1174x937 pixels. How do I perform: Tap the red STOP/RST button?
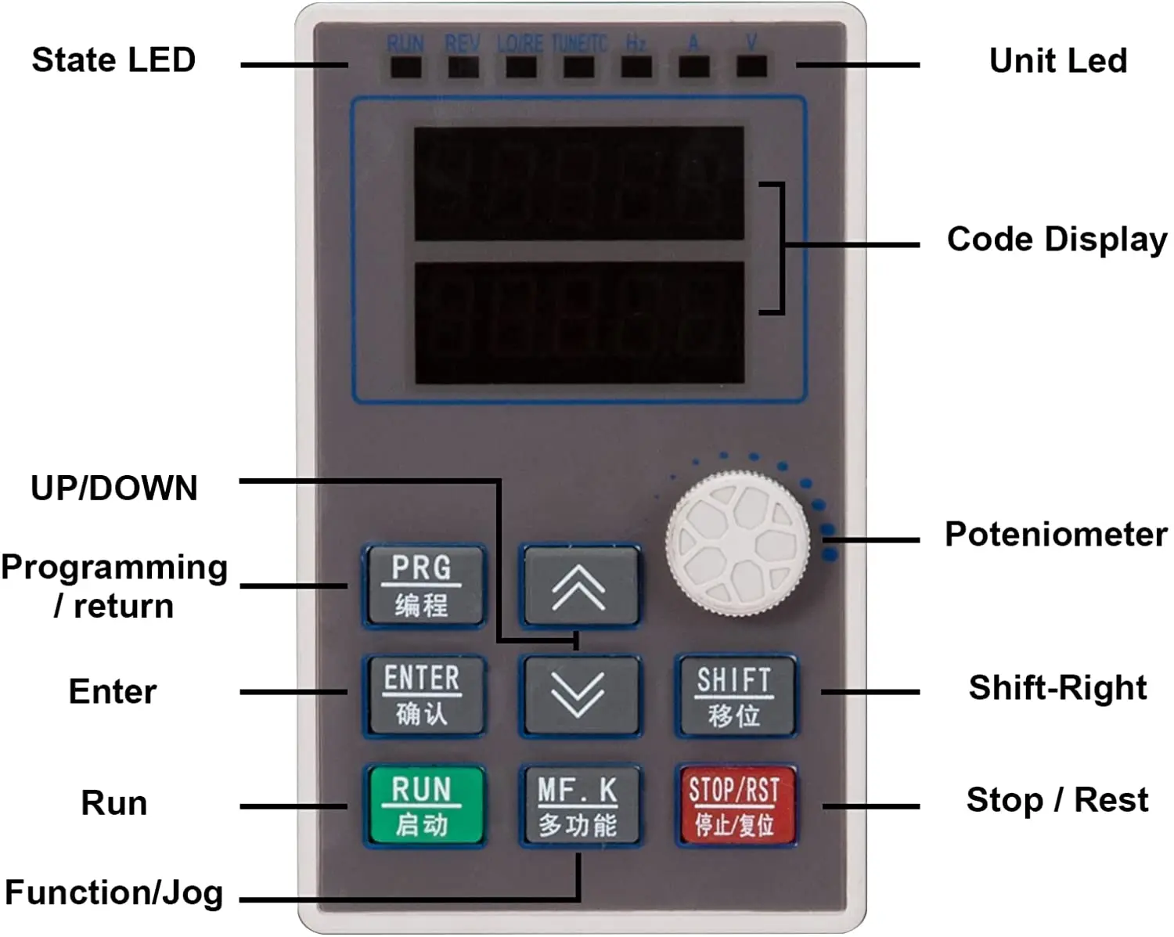pos(735,805)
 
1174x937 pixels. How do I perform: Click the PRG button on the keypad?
pos(423,586)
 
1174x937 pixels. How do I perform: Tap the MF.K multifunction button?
pos(579,805)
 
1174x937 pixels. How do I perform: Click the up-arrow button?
pos(579,586)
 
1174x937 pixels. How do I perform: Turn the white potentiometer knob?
pos(737,542)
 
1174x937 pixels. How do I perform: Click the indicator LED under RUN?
pos(405,67)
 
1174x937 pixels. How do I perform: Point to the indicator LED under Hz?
pos(636,67)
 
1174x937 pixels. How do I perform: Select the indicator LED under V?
pos(751,67)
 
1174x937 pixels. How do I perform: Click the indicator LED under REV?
pos(463,67)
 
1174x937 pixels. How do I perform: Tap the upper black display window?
pos(578,183)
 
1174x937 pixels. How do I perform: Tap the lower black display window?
pos(578,323)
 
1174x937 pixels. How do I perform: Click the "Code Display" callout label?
pos(1057,240)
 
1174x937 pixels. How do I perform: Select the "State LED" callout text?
pos(113,60)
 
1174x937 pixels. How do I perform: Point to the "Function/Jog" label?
pos(114,892)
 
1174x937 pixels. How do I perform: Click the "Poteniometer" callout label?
pos(1056,535)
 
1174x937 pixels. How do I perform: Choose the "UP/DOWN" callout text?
pos(114,488)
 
